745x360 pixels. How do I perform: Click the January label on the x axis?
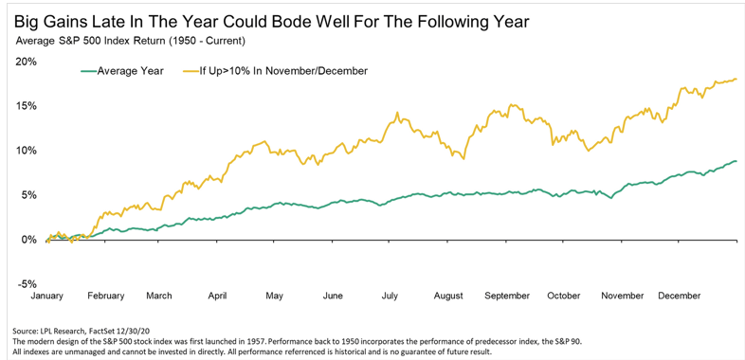coord(47,296)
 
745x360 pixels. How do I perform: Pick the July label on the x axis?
coord(390,296)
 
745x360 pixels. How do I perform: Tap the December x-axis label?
coord(679,296)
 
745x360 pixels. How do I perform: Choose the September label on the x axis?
coord(508,296)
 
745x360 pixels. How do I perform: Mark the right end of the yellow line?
coord(736,79)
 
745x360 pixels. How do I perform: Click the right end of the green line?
coord(736,161)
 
